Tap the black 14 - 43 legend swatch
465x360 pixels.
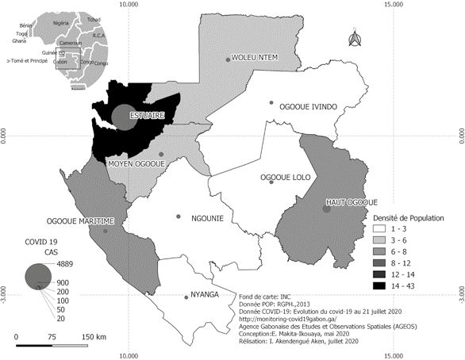(x=379, y=284)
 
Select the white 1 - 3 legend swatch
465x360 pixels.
(x=379, y=228)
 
